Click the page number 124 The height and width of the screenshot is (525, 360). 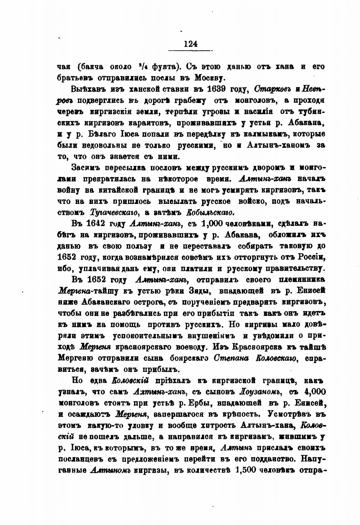point(190,44)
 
